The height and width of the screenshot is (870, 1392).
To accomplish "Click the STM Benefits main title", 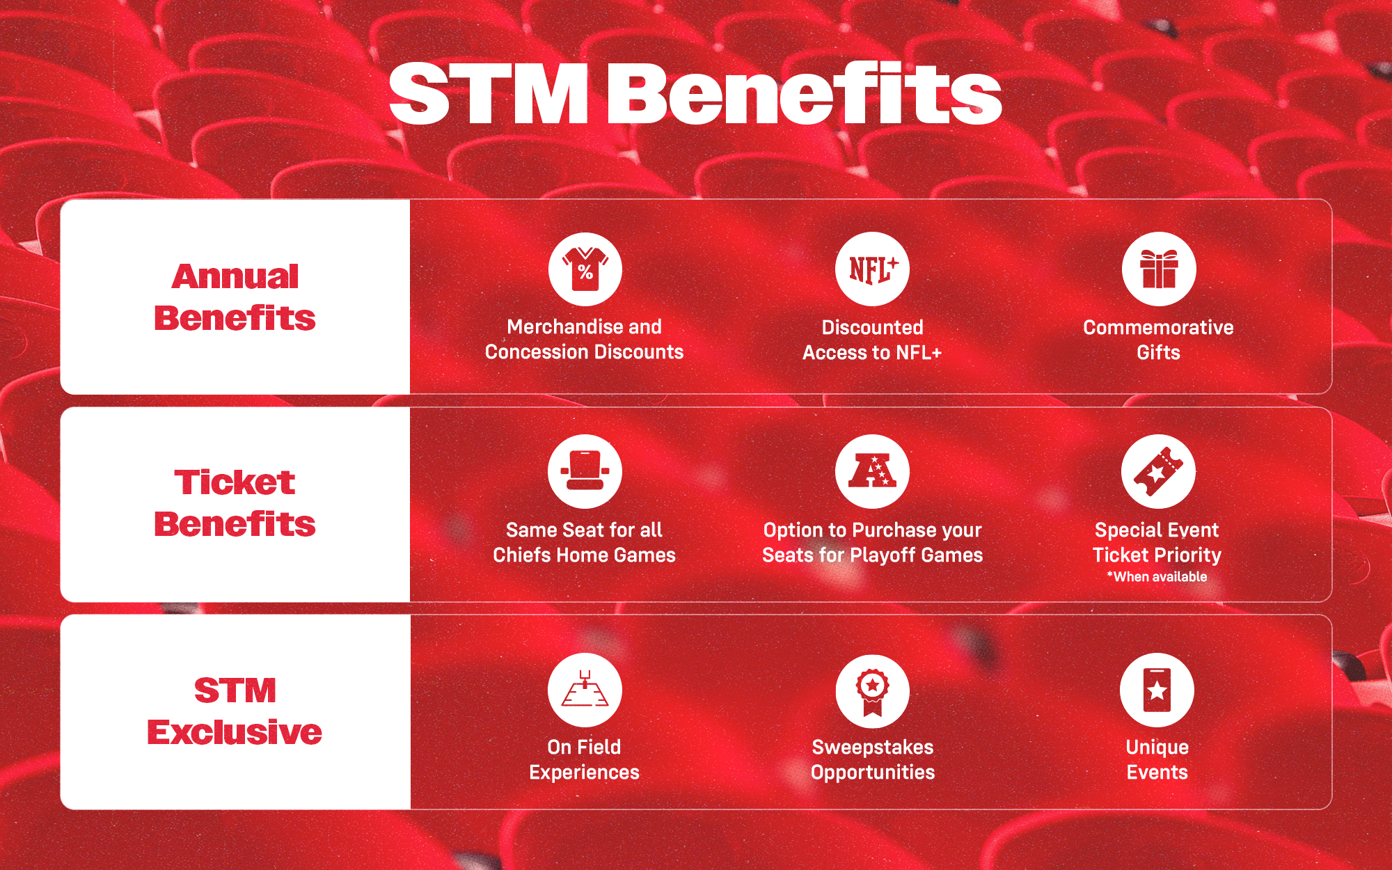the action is click(695, 94).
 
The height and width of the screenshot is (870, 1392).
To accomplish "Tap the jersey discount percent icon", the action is click(585, 269).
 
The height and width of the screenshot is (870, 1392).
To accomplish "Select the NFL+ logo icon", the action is click(872, 269).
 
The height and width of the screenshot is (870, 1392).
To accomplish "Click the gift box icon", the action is click(1159, 269).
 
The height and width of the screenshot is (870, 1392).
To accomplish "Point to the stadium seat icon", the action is click(585, 472).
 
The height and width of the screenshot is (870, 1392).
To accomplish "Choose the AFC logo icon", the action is click(872, 472).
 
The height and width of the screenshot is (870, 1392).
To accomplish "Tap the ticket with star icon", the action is click(1158, 472).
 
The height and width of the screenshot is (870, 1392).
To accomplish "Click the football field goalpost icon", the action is click(585, 690).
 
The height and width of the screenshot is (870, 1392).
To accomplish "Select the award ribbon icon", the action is click(872, 691).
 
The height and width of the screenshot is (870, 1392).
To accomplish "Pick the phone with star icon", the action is click(1157, 690).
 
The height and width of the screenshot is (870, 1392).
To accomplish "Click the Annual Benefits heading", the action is click(235, 297).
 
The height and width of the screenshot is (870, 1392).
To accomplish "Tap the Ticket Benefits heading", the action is click(235, 503).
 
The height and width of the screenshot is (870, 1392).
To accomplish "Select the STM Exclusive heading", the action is click(235, 711).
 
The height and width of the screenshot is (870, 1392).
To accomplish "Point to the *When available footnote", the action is click(1157, 576).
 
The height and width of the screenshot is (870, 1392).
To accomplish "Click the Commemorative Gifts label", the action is click(1158, 340).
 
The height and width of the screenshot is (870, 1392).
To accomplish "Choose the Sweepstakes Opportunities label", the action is click(873, 759).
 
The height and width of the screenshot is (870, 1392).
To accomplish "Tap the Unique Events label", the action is click(1157, 759).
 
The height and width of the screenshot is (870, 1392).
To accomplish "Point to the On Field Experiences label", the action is click(584, 759).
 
